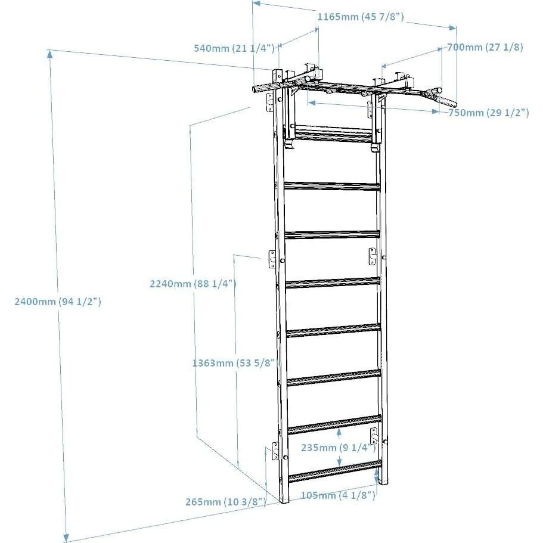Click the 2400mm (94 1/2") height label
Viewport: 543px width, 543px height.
coord(58,302)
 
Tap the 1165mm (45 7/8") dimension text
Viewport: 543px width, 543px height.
coord(361,17)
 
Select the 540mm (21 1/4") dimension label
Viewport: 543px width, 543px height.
coord(234,48)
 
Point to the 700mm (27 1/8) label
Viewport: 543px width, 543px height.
coord(485,48)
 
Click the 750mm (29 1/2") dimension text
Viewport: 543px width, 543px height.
coord(488,113)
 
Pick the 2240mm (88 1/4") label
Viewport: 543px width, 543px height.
coord(193,284)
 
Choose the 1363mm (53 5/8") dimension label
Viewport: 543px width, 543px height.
coord(233,362)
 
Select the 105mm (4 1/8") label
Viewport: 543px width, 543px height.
coord(337,495)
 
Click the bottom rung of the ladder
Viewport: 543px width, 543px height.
coord(334,471)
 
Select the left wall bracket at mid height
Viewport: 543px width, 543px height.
coord(272,259)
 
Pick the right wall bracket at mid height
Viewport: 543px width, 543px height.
coord(373,256)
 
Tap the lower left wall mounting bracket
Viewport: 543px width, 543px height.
coord(275,451)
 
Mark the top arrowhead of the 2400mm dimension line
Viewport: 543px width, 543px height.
coord(50,54)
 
